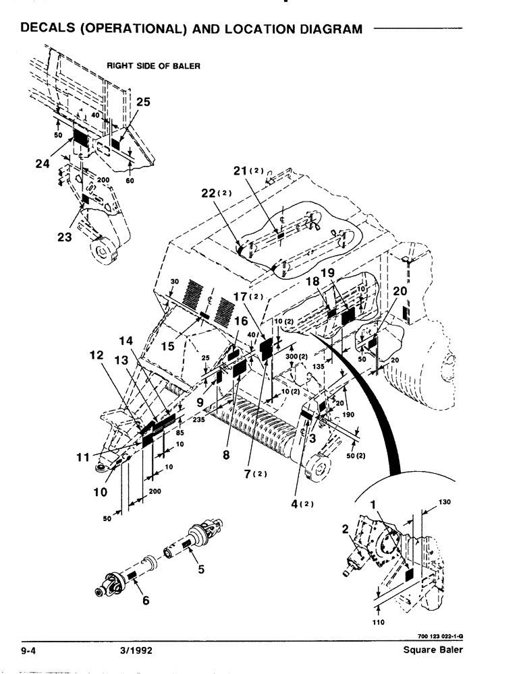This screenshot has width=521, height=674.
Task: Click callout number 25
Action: [143, 102]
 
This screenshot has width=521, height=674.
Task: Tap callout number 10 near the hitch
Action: [100, 492]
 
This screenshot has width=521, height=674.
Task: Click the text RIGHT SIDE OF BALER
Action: [153, 66]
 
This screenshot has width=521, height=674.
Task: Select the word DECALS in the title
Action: [53, 29]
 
